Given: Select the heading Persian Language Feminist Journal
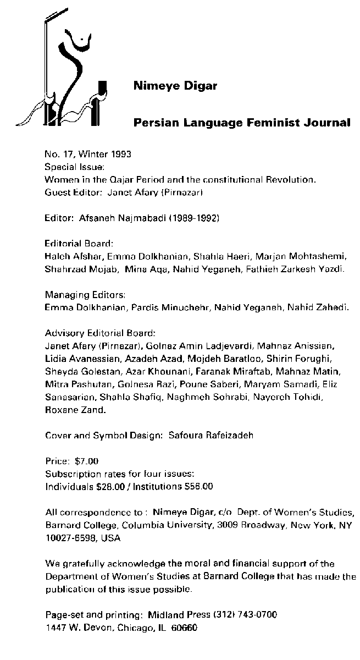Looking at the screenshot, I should [242, 123].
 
